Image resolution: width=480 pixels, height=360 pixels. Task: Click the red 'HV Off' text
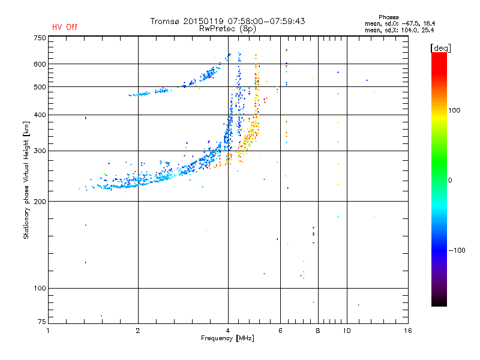point(65,27)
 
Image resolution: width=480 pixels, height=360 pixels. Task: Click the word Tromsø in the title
point(165,21)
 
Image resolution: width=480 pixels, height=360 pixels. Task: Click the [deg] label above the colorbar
point(441,47)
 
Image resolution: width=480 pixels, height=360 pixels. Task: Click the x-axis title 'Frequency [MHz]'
point(228,339)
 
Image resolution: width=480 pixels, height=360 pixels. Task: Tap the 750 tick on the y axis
point(40,37)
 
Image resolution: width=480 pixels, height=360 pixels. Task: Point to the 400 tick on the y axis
point(40,115)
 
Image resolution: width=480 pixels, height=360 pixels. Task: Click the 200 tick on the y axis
point(40,201)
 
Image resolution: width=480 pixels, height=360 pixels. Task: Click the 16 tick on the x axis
point(408,331)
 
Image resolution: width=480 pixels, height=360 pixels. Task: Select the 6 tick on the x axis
point(280,331)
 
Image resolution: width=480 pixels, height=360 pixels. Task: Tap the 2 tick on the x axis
point(138,331)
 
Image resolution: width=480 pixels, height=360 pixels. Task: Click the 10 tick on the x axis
point(346,331)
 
